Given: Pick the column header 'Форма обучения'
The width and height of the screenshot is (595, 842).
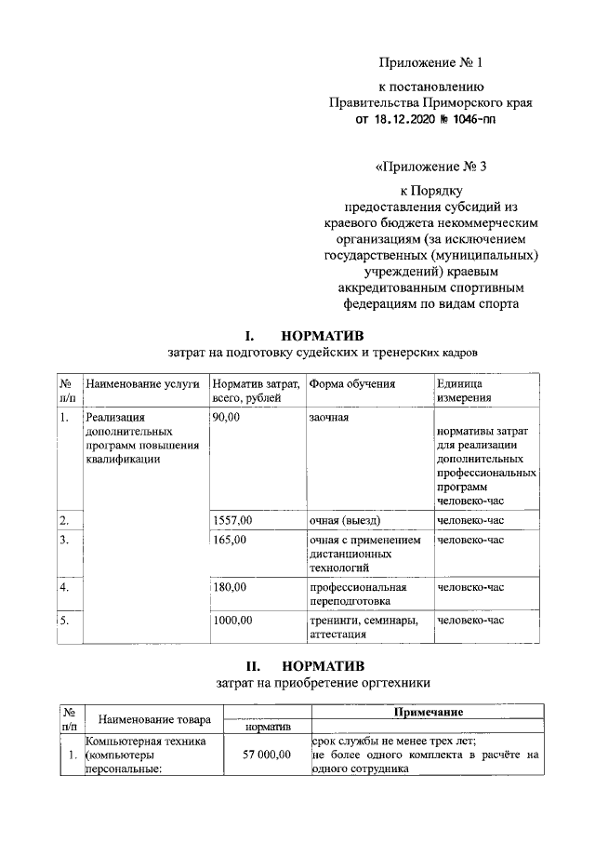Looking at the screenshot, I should pyautogui.click(x=352, y=383).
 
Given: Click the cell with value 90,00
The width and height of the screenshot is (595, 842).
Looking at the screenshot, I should pyautogui.click(x=227, y=419).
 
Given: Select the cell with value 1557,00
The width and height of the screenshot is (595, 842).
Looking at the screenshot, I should pyautogui.click(x=232, y=520).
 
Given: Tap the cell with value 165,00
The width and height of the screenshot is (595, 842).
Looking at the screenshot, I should pyautogui.click(x=230, y=540).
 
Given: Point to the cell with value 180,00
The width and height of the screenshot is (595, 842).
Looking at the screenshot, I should pyautogui.click(x=230, y=588).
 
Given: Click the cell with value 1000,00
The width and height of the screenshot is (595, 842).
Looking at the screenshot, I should pyautogui.click(x=232, y=620).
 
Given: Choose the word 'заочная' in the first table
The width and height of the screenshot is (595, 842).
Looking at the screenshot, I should pyautogui.click(x=329, y=419).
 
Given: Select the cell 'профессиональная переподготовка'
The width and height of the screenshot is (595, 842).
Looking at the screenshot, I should pyautogui.click(x=358, y=595).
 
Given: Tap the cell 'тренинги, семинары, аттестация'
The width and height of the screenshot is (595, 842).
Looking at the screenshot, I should pyautogui.click(x=364, y=627).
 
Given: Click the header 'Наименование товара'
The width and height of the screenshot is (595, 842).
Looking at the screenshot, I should pyautogui.click(x=154, y=719).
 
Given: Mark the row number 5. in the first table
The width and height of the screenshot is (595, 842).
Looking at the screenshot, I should pyautogui.click(x=65, y=620).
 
